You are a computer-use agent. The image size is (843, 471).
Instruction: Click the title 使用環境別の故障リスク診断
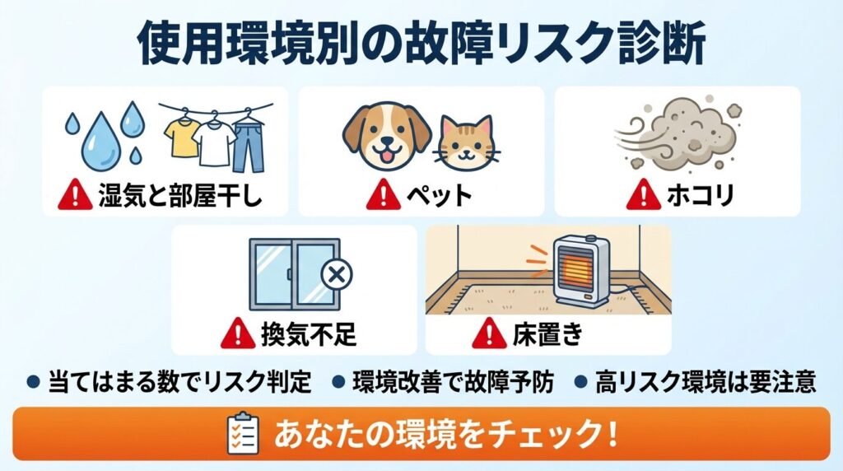[x=421, y=43]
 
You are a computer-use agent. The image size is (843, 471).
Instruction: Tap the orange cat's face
[x=466, y=142]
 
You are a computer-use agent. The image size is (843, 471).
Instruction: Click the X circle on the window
[x=335, y=275]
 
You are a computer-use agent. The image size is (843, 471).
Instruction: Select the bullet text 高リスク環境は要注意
[x=706, y=382]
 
